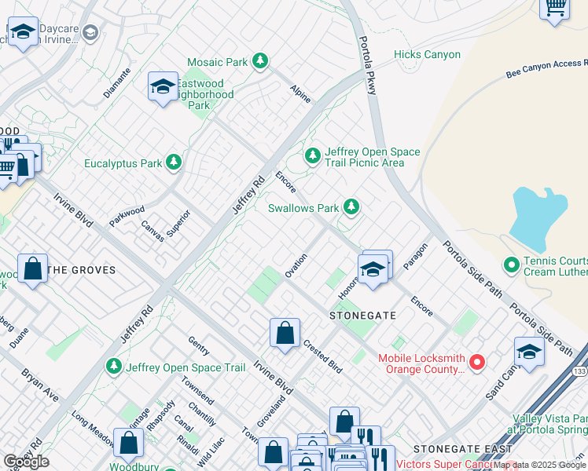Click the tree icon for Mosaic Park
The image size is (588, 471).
(260, 61)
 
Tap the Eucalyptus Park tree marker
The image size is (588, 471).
(174, 163)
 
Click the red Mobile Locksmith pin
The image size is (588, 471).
(476, 362)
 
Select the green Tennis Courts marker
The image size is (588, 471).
(511, 265)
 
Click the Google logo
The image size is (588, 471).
(26, 462)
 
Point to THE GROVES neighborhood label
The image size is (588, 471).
(82, 270)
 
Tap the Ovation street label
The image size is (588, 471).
(296, 265)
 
